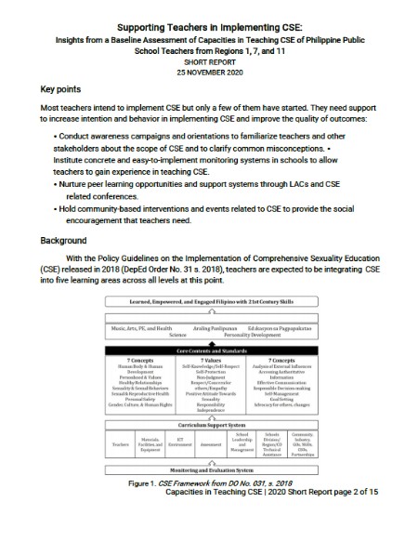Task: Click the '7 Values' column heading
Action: pos(207,359)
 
